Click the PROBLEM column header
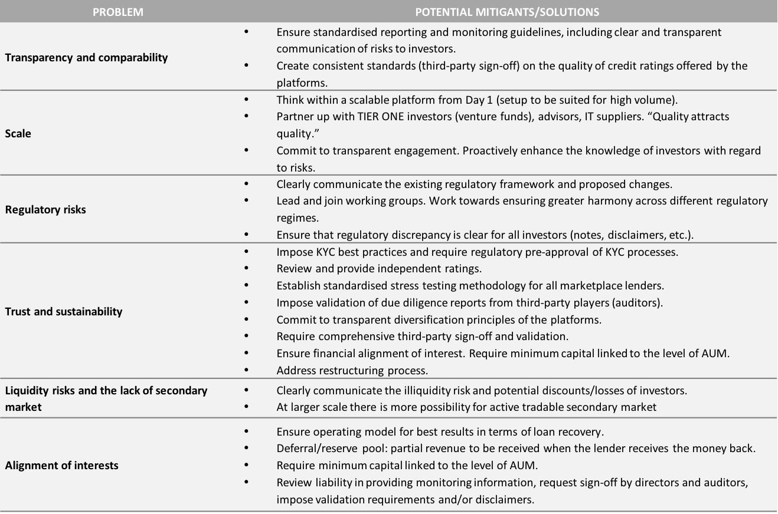(118, 12)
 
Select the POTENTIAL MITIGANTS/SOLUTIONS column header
(507, 12)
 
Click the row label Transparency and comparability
(86, 58)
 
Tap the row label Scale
(18, 134)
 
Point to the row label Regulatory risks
(45, 209)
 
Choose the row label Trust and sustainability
(64, 311)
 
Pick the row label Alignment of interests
(62, 465)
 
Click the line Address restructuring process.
(352, 371)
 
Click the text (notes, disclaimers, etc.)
(632, 235)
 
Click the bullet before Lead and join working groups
(246, 201)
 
